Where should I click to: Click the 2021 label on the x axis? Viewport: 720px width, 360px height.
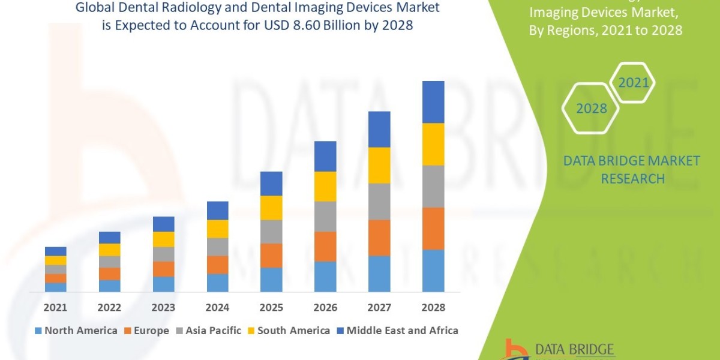(x=55, y=307)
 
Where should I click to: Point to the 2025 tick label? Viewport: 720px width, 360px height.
(x=271, y=307)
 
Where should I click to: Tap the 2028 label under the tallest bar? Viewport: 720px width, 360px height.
(x=433, y=307)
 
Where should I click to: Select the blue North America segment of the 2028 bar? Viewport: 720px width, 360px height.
(x=433, y=271)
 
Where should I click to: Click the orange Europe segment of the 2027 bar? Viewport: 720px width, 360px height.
(x=379, y=238)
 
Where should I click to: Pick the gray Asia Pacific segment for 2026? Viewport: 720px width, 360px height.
(x=325, y=217)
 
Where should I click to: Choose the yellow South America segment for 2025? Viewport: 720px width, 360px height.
(x=271, y=208)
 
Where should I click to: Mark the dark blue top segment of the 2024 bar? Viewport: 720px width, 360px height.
(x=217, y=211)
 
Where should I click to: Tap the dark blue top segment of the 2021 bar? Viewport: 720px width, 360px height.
(x=55, y=251)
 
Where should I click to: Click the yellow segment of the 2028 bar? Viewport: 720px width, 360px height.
(x=433, y=144)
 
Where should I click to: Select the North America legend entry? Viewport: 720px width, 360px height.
(x=76, y=331)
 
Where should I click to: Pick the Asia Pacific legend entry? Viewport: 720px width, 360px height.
(x=208, y=331)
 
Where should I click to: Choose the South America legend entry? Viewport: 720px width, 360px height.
(x=288, y=331)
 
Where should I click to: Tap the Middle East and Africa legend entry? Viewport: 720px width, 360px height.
(x=397, y=331)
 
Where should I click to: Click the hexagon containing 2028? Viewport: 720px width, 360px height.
(x=591, y=108)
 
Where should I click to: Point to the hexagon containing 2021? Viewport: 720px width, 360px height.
(x=634, y=82)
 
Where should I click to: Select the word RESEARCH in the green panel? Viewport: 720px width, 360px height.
(x=632, y=178)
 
